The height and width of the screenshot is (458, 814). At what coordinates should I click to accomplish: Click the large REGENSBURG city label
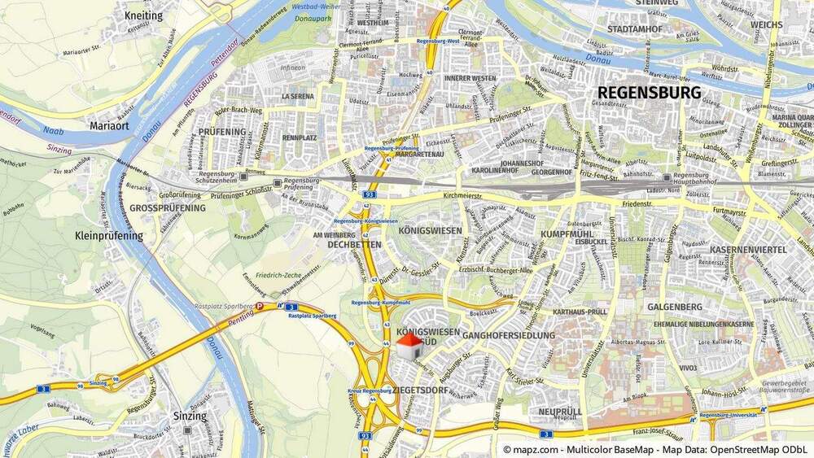pyautogui.click(x=649, y=93)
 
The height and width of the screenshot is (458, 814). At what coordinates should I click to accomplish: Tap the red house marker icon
pyautogui.click(x=409, y=345)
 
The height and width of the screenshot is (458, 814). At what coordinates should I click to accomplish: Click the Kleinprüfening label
pyautogui.click(x=108, y=236)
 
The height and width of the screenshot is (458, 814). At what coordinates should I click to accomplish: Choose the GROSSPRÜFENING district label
pyautogui.click(x=167, y=208)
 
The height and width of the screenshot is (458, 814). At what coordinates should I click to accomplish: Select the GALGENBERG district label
pyautogui.click(x=675, y=307)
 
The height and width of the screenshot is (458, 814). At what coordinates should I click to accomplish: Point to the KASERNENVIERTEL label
pyautogui.click(x=748, y=250)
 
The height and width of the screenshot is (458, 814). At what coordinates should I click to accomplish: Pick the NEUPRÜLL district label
pyautogui.click(x=559, y=412)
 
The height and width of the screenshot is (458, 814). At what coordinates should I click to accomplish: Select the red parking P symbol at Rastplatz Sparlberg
pyautogui.click(x=260, y=307)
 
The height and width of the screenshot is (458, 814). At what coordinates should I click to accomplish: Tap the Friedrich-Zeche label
pyautogui.click(x=279, y=276)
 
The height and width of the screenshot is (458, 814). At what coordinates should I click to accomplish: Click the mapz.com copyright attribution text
pyautogui.click(x=655, y=449)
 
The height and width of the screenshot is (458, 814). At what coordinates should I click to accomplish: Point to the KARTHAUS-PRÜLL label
pyautogui.click(x=580, y=312)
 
